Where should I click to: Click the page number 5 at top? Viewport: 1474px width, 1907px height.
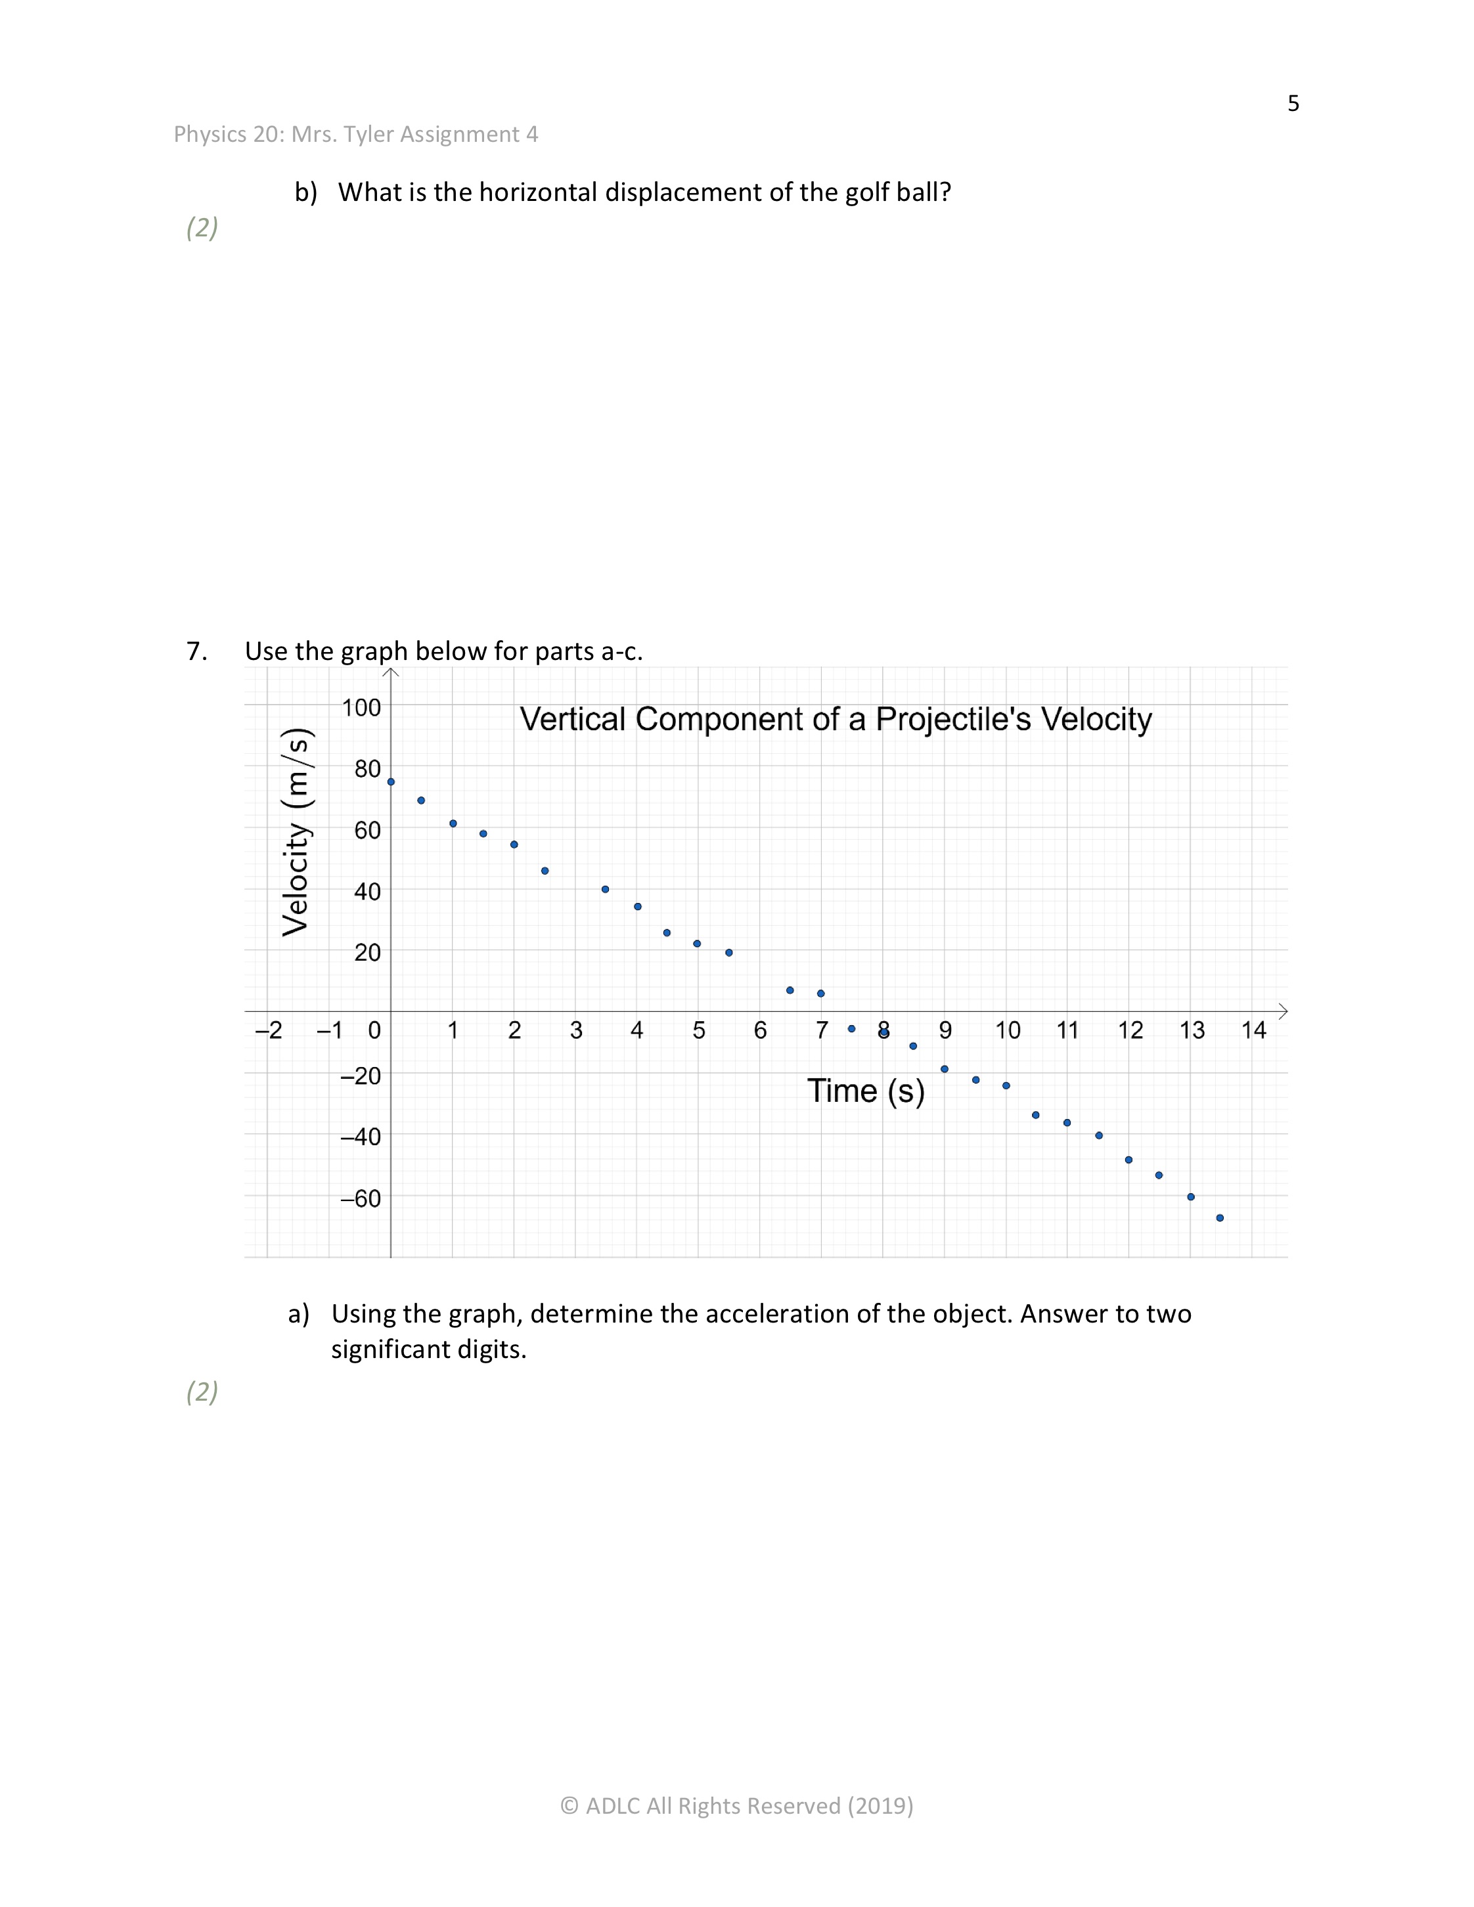pyautogui.click(x=1293, y=104)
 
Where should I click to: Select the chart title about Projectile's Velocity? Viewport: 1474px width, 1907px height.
pyautogui.click(x=836, y=720)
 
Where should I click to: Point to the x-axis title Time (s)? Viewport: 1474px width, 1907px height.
pyautogui.click(x=865, y=1091)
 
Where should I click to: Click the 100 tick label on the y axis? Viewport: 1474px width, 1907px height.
pyautogui.click(x=361, y=707)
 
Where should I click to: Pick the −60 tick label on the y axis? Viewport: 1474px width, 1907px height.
pyautogui.click(x=361, y=1199)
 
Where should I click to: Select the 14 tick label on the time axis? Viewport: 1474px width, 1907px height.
pyautogui.click(x=1253, y=1031)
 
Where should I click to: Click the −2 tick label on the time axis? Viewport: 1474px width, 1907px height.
pyautogui.click(x=269, y=1031)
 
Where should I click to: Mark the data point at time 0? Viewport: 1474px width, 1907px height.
pyautogui.click(x=390, y=781)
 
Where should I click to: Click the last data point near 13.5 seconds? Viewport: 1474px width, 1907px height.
pyautogui.click(x=1220, y=1218)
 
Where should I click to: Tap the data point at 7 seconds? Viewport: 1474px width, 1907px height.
pyautogui.click(x=821, y=994)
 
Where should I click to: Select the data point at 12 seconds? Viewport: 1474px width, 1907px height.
pyautogui.click(x=1128, y=1160)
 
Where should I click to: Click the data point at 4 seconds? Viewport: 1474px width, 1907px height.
pyautogui.click(x=637, y=906)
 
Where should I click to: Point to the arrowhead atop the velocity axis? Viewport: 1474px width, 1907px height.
pyautogui.click(x=390, y=672)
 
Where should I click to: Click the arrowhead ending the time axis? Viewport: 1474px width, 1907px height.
pyautogui.click(x=1283, y=1011)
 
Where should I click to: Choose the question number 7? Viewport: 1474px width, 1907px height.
pyautogui.click(x=196, y=651)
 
